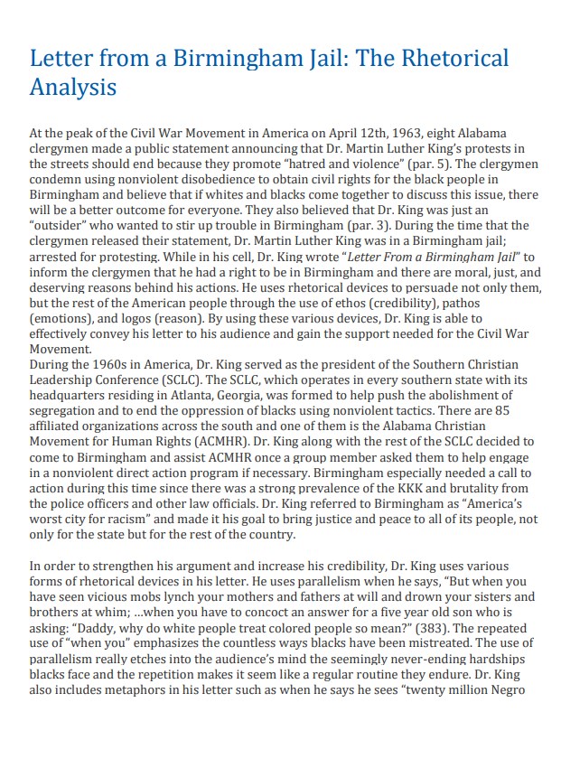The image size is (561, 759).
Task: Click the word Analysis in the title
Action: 73,88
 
